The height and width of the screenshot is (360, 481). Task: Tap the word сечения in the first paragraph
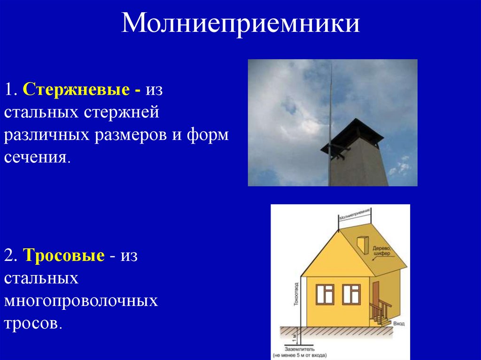[38, 157]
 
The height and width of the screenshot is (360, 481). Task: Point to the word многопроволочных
[81, 301]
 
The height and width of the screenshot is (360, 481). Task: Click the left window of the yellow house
[325, 294]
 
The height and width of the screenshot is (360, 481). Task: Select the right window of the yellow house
[351, 294]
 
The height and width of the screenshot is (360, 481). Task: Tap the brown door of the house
[377, 300]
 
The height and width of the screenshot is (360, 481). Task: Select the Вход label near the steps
[399, 323]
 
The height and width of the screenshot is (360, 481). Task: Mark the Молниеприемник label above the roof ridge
[355, 214]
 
